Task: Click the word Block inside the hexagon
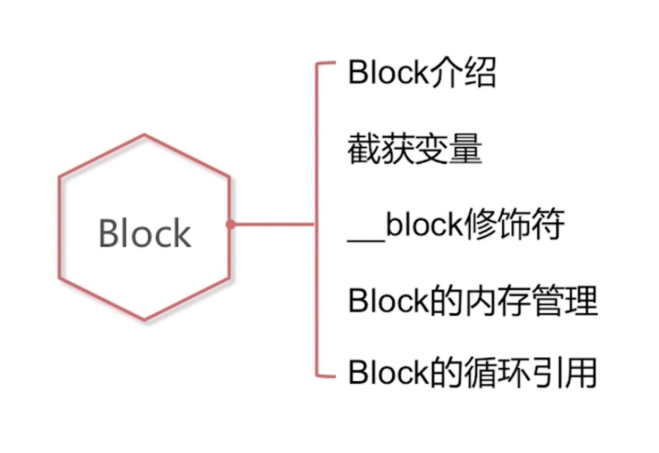click(145, 233)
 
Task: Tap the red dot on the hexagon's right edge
click(230, 224)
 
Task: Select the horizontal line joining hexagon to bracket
click(272, 224)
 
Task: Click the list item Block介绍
click(421, 74)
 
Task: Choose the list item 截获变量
click(415, 150)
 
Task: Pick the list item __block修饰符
click(455, 227)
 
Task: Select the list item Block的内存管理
click(472, 301)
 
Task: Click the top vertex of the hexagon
click(145, 135)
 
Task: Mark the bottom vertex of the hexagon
click(145, 320)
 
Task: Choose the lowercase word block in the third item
click(423, 227)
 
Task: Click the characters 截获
click(381, 150)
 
